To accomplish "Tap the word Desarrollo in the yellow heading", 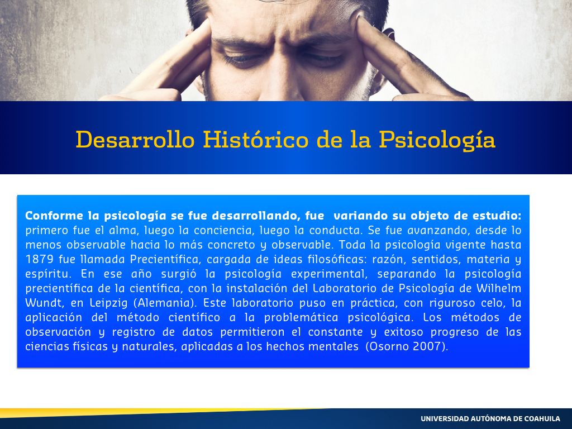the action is coord(135,139).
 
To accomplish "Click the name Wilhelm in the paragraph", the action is coord(498,288).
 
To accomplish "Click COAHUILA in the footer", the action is coord(542,418).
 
